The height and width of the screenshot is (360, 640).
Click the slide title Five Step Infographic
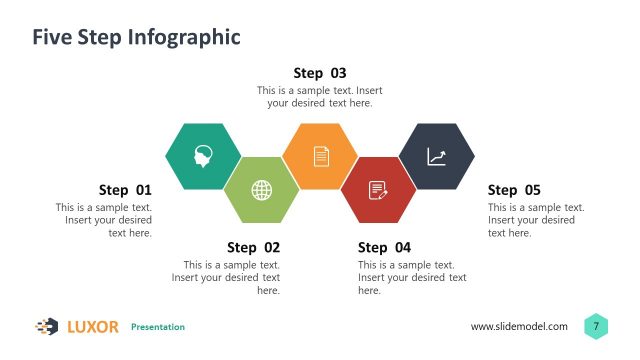click(x=136, y=38)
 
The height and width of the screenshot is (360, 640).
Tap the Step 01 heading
click(x=125, y=190)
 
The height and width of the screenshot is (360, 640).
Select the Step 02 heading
click(x=254, y=247)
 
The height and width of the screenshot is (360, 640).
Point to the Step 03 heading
click(x=320, y=73)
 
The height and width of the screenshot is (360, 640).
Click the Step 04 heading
click(x=384, y=247)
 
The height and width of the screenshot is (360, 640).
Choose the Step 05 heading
click(x=514, y=190)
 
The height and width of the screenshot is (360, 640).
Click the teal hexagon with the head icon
click(x=203, y=156)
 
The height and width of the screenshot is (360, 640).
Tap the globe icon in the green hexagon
click(x=261, y=189)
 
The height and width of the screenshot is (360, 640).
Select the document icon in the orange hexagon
click(x=320, y=156)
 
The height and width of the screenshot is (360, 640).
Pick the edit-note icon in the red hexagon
click(x=378, y=189)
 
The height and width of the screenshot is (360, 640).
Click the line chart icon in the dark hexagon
click(x=437, y=156)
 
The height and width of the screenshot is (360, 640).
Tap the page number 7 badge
click(x=597, y=326)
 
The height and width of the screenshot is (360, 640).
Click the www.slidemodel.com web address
click(x=519, y=327)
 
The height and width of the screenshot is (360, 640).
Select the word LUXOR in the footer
click(x=93, y=327)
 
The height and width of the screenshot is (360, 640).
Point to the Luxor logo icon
click(x=47, y=326)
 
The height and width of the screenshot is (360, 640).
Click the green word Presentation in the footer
click(x=158, y=327)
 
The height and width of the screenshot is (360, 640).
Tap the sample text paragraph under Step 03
click(x=320, y=97)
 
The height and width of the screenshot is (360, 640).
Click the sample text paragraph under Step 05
click(x=536, y=220)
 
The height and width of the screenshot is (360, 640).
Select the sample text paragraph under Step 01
click(x=104, y=220)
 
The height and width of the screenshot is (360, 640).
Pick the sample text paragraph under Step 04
click(x=412, y=277)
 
